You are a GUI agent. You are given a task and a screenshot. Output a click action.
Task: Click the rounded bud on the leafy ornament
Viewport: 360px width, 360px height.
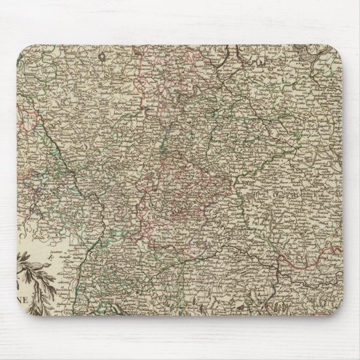(41, 261)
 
